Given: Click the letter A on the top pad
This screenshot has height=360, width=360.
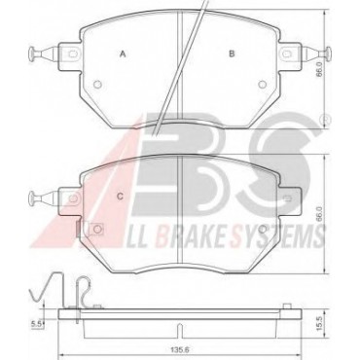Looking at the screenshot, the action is click(x=123, y=54).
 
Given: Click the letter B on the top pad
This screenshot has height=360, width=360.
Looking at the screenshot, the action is click(x=232, y=54).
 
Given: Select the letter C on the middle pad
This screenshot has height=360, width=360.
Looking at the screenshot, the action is click(x=120, y=197).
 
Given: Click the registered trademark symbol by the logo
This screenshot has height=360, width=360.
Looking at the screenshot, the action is click(x=325, y=121).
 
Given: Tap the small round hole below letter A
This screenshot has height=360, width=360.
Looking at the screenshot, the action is click(x=97, y=85).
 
